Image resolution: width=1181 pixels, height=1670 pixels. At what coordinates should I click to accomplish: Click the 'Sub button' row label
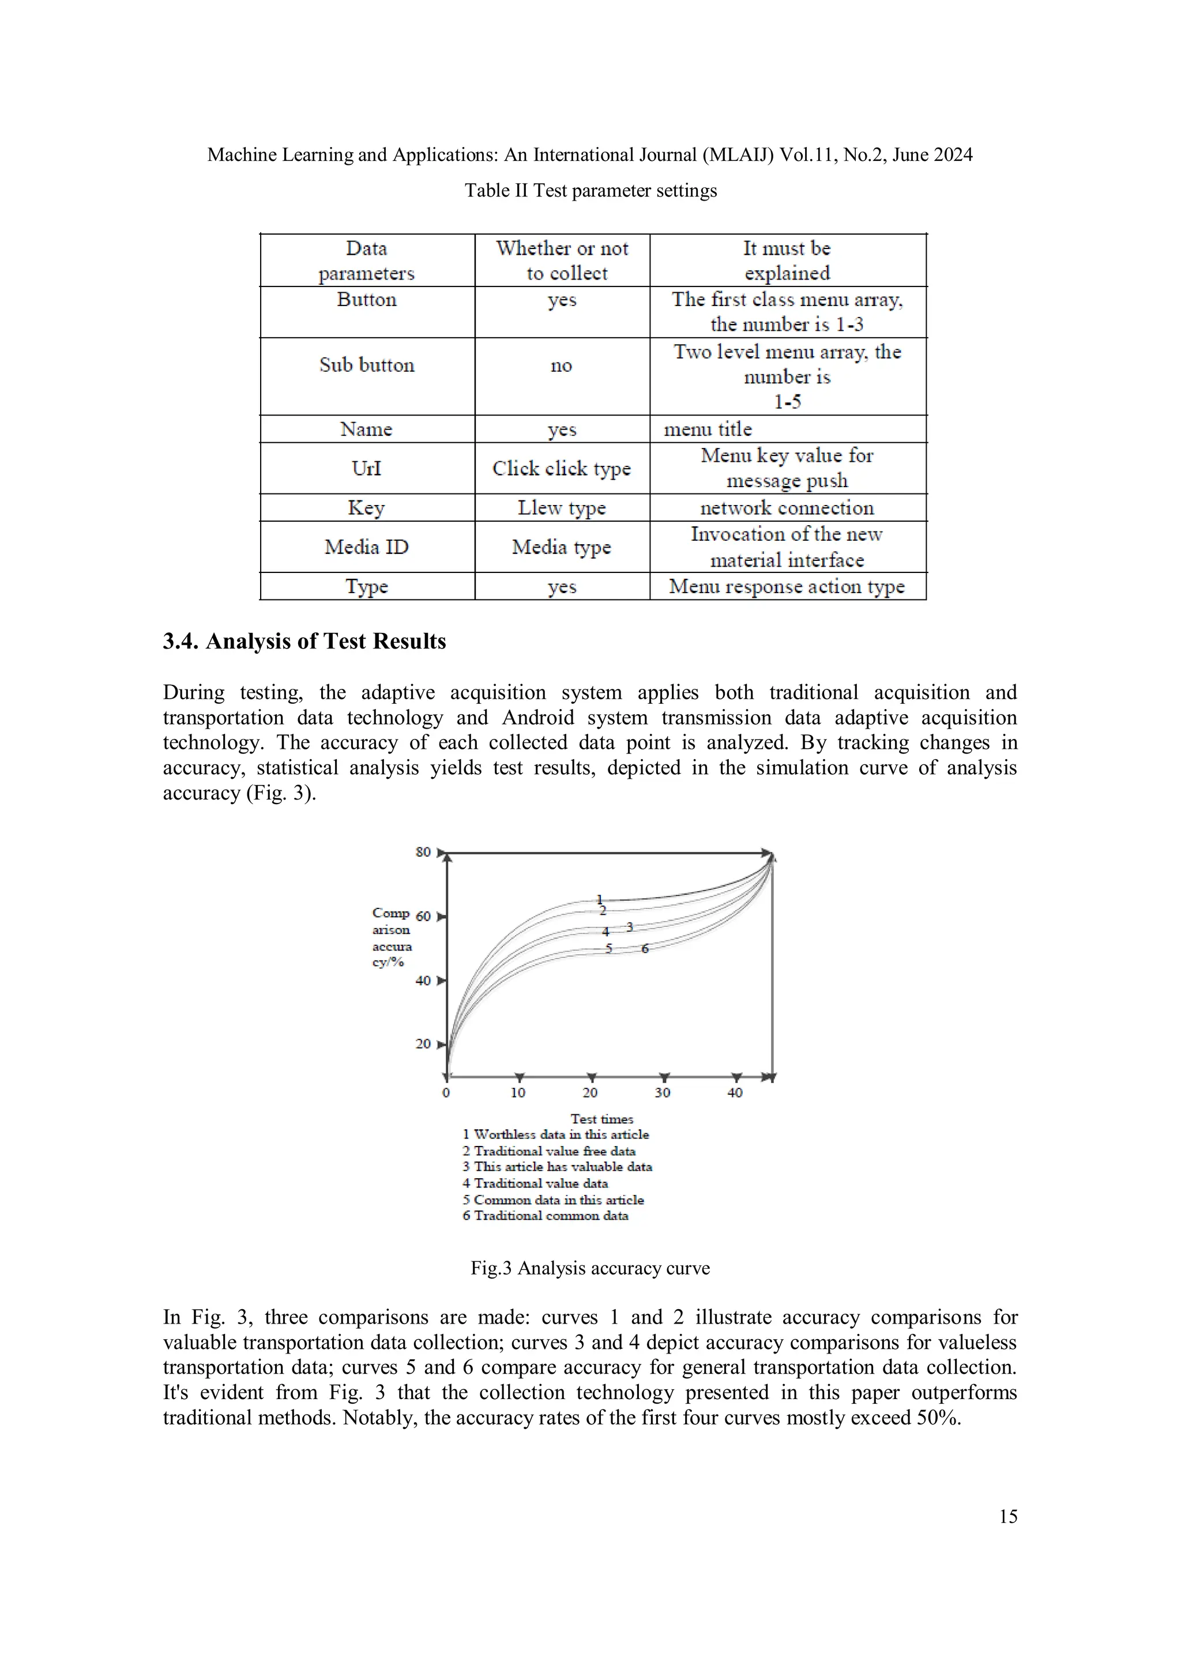click(x=367, y=365)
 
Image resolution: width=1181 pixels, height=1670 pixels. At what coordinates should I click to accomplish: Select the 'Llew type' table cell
click(x=561, y=508)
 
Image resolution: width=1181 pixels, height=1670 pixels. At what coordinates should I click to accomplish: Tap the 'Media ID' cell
click(x=367, y=547)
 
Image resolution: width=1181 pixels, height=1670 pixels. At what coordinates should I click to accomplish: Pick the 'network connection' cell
click(x=787, y=508)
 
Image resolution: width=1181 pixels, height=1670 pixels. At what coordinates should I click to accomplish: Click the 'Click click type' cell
click(x=561, y=469)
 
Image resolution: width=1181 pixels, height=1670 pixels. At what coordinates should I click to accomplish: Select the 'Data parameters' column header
click(x=367, y=261)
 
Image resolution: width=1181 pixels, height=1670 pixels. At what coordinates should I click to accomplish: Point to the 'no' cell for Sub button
click(x=561, y=365)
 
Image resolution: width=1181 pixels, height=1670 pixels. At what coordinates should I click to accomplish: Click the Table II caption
click(x=590, y=191)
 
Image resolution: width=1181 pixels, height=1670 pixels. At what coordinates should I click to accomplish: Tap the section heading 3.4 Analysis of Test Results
click(x=304, y=641)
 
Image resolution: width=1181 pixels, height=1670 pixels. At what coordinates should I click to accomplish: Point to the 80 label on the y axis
click(x=423, y=852)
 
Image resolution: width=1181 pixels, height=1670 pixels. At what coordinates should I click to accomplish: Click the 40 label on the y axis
click(x=423, y=981)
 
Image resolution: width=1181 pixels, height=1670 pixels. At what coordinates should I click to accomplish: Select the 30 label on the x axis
click(x=662, y=1092)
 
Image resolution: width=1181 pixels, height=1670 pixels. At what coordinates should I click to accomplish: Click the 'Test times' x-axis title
click(x=602, y=1119)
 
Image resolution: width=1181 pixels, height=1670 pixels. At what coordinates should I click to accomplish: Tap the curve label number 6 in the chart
click(x=645, y=948)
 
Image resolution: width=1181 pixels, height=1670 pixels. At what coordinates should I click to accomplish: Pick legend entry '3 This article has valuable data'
click(x=558, y=1167)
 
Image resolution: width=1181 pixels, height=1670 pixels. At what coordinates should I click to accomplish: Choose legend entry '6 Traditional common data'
click(x=546, y=1215)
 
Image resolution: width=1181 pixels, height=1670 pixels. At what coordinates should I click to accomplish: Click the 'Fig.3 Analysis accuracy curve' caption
click(x=590, y=1269)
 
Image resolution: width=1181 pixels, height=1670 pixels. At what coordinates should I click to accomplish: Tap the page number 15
click(x=1008, y=1517)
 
